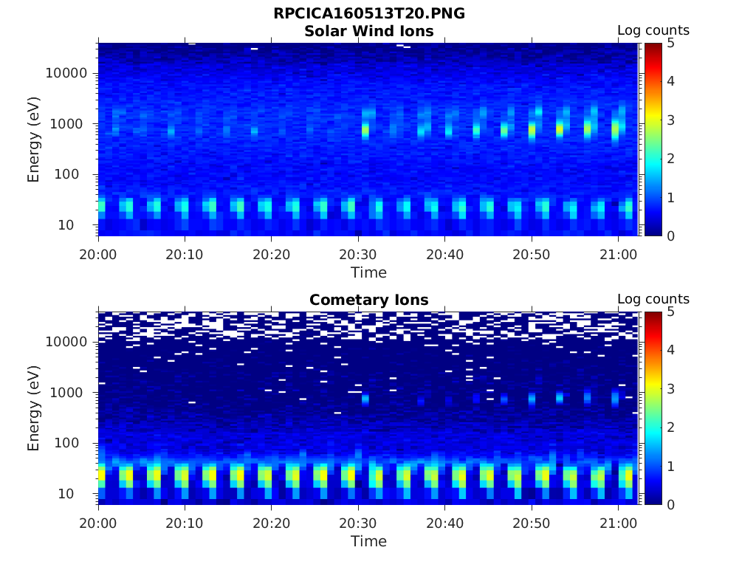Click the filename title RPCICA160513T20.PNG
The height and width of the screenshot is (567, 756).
click(x=369, y=14)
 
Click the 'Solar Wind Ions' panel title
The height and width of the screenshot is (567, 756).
click(x=369, y=31)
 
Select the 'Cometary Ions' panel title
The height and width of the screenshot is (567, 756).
click(x=369, y=300)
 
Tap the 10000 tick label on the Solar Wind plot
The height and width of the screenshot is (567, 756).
click(x=67, y=74)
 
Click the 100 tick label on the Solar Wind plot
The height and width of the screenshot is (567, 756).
click(x=75, y=175)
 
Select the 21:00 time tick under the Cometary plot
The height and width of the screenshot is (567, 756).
click(x=618, y=523)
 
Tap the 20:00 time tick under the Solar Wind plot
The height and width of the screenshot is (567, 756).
click(x=99, y=255)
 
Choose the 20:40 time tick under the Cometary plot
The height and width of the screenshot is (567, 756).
click(x=444, y=523)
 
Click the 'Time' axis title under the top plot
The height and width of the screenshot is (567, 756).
click(x=369, y=272)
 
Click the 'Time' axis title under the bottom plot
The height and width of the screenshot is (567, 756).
click(x=369, y=541)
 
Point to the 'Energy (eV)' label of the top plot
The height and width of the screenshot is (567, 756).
click(x=34, y=140)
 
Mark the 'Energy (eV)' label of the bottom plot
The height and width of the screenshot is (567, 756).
click(x=34, y=408)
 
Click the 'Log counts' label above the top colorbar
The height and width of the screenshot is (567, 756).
click(x=653, y=31)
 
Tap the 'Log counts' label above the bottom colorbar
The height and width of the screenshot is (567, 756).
click(x=653, y=300)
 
